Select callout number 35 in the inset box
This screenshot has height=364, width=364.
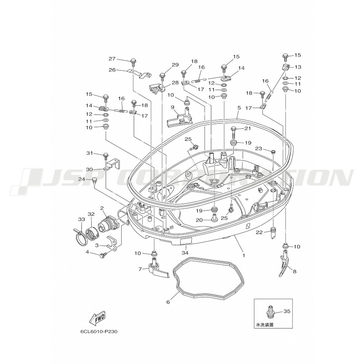(x=287, y=311)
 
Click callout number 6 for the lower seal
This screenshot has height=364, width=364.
(x=169, y=302)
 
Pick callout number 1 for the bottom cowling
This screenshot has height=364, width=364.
(x=244, y=256)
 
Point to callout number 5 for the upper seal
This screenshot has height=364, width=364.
(x=239, y=108)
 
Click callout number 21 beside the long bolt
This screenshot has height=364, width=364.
(x=248, y=128)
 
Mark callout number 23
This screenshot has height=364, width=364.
(x=258, y=149)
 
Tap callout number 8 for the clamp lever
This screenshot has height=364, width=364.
(x=294, y=272)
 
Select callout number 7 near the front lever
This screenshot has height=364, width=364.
(x=140, y=269)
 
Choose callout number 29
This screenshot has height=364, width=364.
(x=175, y=65)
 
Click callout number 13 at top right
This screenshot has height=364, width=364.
(x=298, y=67)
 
